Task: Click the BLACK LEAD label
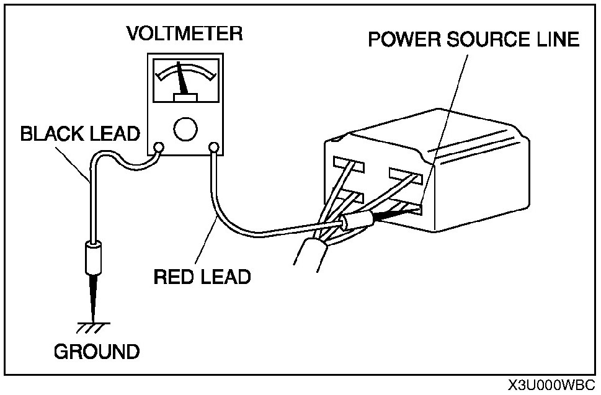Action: click(80, 133)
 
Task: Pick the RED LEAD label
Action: click(202, 275)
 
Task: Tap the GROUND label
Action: click(97, 352)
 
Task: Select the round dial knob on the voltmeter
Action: click(185, 128)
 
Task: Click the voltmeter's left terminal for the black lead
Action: click(158, 148)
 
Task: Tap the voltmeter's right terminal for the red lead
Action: click(214, 148)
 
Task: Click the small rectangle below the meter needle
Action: click(185, 97)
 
